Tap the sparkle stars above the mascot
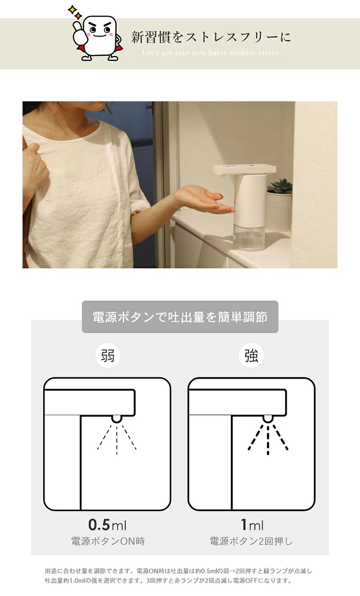75,12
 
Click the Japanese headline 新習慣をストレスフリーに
211,37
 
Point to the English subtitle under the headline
211,53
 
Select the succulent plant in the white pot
279,186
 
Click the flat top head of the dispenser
244,169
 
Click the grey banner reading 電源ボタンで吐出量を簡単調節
180,317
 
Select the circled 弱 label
108,355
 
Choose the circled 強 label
251,355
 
